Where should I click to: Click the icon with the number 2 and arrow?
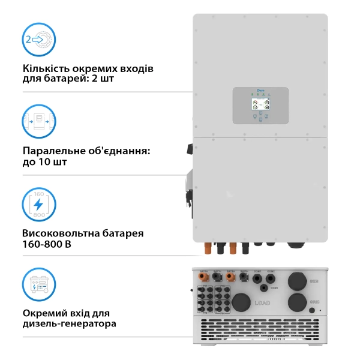(39, 40)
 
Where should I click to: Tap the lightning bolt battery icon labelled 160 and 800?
(39, 205)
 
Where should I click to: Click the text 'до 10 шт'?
(44, 162)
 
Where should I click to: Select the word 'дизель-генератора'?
(69, 324)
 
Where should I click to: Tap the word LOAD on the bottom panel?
(262, 304)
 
